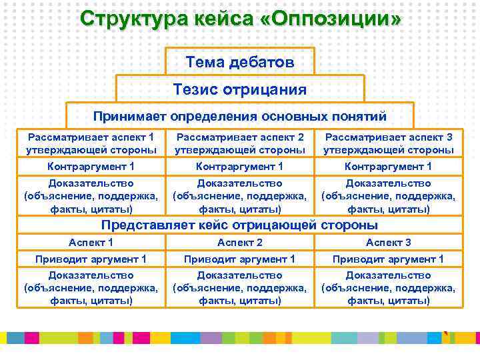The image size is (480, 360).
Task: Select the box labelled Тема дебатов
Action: point(240,62)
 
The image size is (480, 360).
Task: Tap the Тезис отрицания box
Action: point(240,89)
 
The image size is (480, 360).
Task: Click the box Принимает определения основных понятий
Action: point(240,116)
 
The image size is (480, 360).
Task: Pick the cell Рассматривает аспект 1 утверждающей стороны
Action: point(91,143)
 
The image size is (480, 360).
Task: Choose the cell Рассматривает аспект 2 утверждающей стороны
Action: point(240,143)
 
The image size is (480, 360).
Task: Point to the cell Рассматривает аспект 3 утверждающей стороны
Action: point(389,143)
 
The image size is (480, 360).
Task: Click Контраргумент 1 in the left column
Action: point(91,167)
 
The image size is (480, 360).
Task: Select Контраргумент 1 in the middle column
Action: point(240,167)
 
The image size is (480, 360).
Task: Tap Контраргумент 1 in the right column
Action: point(389,167)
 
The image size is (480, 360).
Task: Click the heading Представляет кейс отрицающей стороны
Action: point(240,225)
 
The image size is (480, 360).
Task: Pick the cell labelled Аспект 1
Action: point(91,243)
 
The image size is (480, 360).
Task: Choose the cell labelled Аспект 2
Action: point(240,243)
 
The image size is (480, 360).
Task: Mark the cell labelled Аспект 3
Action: point(389,243)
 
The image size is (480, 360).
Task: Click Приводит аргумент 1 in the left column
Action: point(91,259)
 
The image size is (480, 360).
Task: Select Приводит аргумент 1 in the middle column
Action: point(240,259)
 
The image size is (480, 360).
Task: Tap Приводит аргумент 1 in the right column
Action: point(389,259)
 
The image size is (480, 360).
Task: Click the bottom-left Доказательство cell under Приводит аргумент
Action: point(91,287)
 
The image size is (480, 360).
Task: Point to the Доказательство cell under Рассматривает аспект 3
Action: point(389,195)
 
